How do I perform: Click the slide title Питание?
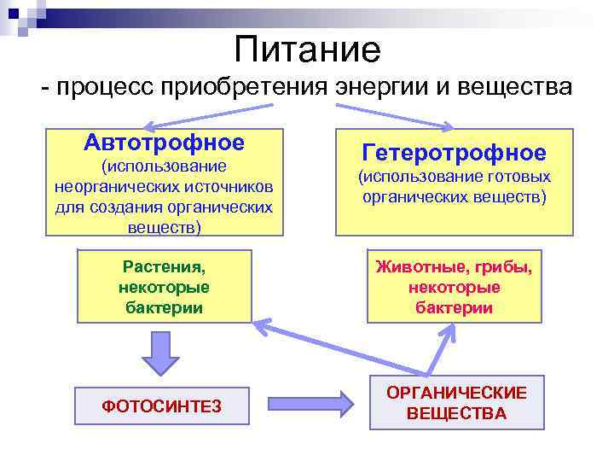click(307, 50)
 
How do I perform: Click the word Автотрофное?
click(164, 142)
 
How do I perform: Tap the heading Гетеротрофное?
click(454, 153)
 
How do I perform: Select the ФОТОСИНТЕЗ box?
click(161, 406)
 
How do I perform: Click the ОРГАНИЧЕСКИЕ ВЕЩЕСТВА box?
click(456, 403)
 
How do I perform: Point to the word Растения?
click(164, 269)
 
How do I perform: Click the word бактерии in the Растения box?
click(164, 307)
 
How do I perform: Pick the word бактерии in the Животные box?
click(454, 307)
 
